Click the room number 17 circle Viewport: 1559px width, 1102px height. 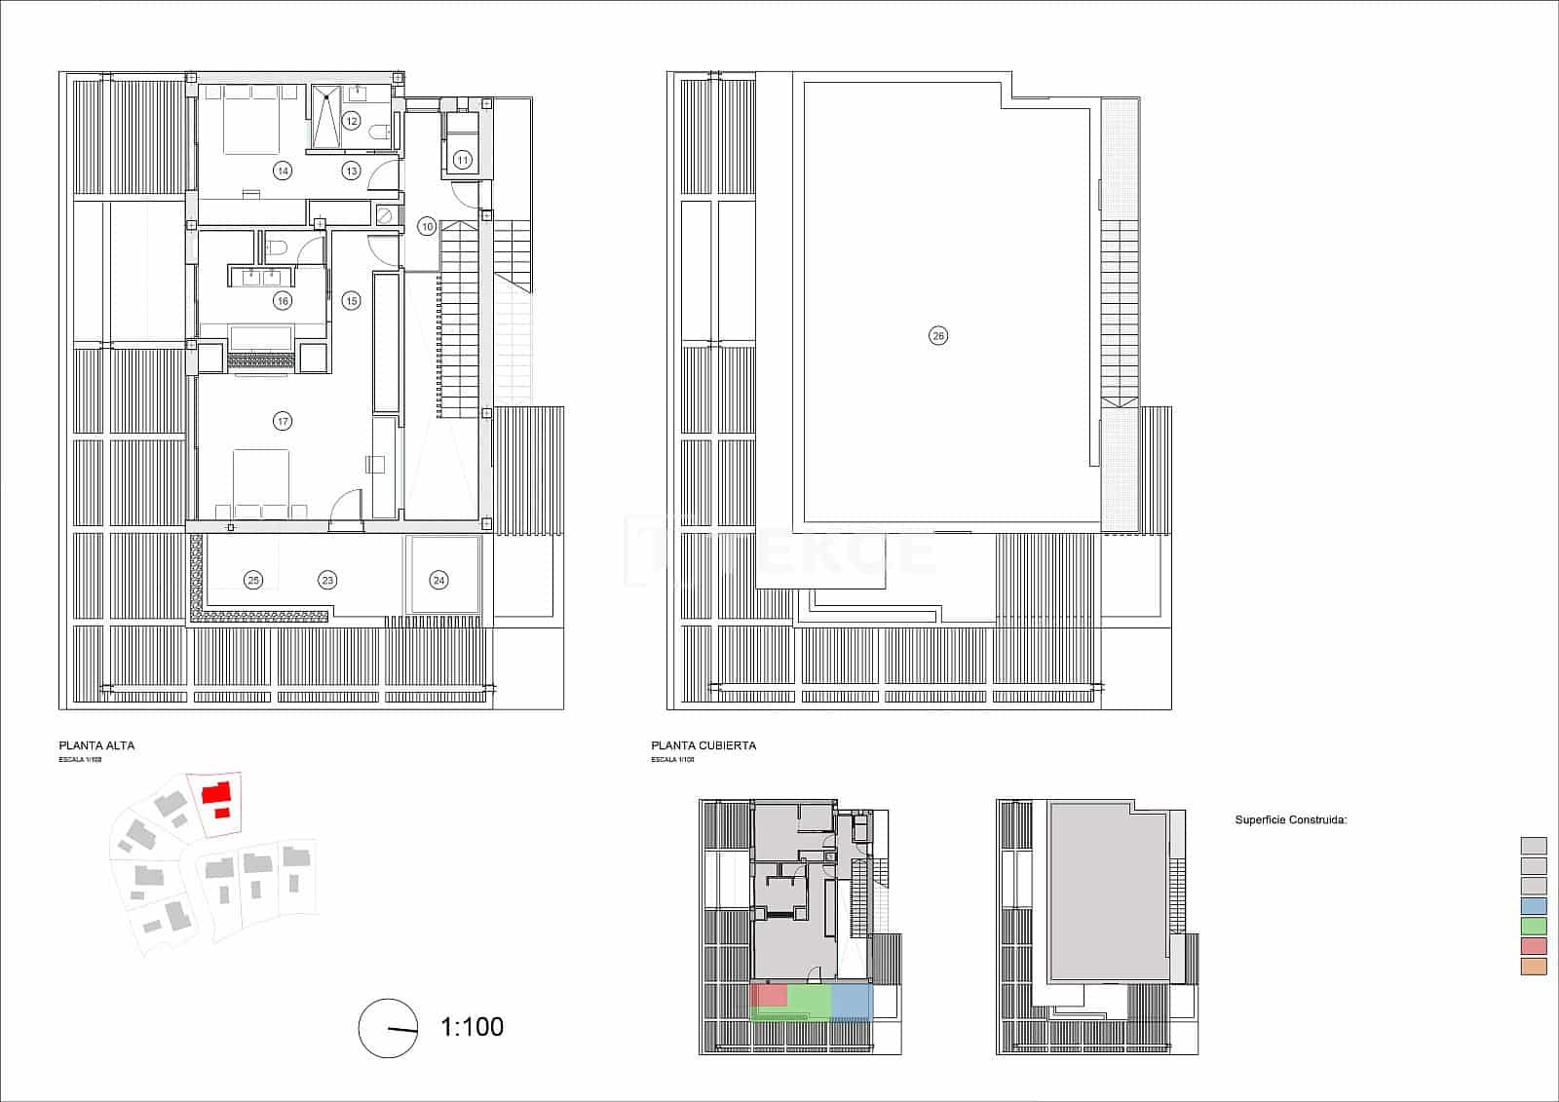283,421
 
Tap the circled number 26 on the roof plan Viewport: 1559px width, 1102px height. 937,336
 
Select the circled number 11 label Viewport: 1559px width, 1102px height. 463,159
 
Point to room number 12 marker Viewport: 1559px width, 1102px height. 351,121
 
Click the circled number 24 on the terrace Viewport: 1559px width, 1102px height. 439,580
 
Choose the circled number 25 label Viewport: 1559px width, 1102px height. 253,580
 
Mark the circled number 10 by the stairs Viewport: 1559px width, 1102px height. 427,226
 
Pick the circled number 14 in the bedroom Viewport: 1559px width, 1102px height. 283,171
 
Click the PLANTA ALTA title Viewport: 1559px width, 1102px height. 96,745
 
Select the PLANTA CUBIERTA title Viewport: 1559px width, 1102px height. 703,745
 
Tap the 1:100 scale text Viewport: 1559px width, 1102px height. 473,1027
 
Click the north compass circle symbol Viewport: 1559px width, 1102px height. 388,1028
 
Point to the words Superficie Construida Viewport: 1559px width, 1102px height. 1290,820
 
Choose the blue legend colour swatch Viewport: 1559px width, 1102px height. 1533,906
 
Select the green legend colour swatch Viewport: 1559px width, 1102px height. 1533,926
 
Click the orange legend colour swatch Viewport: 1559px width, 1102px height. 1533,967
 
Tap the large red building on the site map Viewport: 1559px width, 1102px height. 215,791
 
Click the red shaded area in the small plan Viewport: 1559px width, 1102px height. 770,995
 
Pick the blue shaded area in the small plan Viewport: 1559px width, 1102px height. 850,1002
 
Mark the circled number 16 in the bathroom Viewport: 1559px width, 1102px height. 283,300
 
